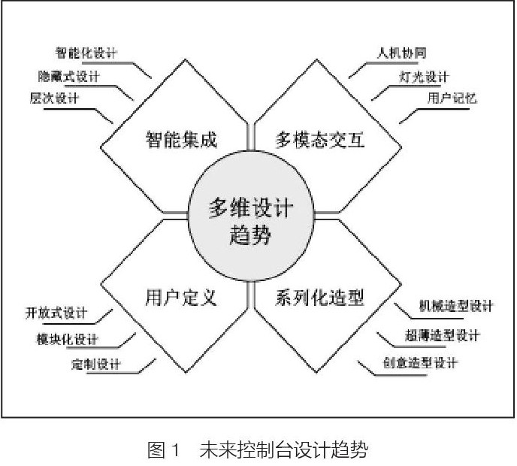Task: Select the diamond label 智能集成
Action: tap(180, 139)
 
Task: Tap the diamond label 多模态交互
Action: tap(319, 140)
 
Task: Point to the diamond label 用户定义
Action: tap(180, 298)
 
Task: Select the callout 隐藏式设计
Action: tap(69, 76)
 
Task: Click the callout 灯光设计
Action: tap(423, 77)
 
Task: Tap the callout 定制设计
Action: tap(93, 365)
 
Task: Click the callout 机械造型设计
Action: tap(455, 307)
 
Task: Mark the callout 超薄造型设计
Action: tap(446, 335)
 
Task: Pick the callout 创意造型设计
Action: tap(420, 364)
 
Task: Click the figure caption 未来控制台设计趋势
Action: tap(283, 451)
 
